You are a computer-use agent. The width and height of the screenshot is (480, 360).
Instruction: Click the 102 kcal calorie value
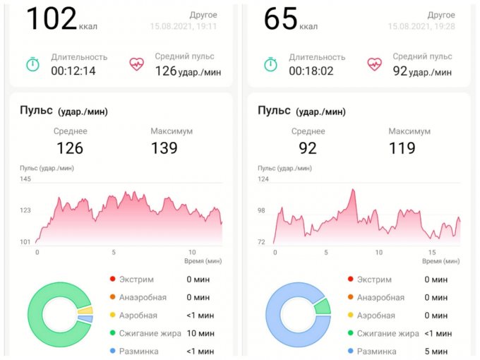[52, 18]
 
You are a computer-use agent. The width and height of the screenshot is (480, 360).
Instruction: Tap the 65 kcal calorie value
[280, 18]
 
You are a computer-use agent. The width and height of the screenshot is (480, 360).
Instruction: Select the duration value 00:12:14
[73, 71]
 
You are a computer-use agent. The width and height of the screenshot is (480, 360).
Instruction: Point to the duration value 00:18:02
[311, 71]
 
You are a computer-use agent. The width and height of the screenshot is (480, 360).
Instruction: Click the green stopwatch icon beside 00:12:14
[32, 64]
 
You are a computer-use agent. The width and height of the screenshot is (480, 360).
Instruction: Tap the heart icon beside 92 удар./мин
[374, 64]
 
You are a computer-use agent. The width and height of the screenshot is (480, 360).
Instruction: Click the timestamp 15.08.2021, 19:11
[183, 27]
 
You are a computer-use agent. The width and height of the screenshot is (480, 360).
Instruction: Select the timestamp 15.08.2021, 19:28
[421, 27]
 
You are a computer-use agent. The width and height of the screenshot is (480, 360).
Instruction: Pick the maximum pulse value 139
[164, 148]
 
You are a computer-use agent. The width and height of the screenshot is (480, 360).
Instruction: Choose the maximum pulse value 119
[402, 148]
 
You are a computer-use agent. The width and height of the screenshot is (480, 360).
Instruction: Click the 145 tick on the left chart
[25, 179]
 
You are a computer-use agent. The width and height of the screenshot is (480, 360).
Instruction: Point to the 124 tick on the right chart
[263, 179]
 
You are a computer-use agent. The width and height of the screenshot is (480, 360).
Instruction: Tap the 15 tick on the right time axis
[432, 253]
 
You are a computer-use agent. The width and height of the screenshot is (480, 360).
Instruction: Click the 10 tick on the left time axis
[191, 253]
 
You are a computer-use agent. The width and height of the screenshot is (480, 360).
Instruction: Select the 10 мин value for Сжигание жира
[200, 333]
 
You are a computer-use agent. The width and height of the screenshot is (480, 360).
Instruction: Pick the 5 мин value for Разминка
[438, 352]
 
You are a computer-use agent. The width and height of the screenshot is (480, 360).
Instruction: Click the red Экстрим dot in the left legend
[114, 280]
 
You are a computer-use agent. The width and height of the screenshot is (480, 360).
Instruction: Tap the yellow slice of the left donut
[85, 310]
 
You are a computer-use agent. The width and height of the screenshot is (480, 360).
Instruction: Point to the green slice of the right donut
[323, 306]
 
